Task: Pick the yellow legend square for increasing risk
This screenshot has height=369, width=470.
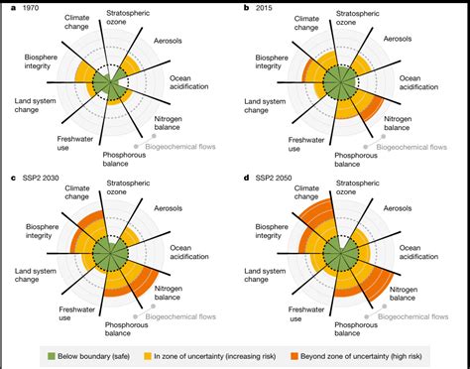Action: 174,352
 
